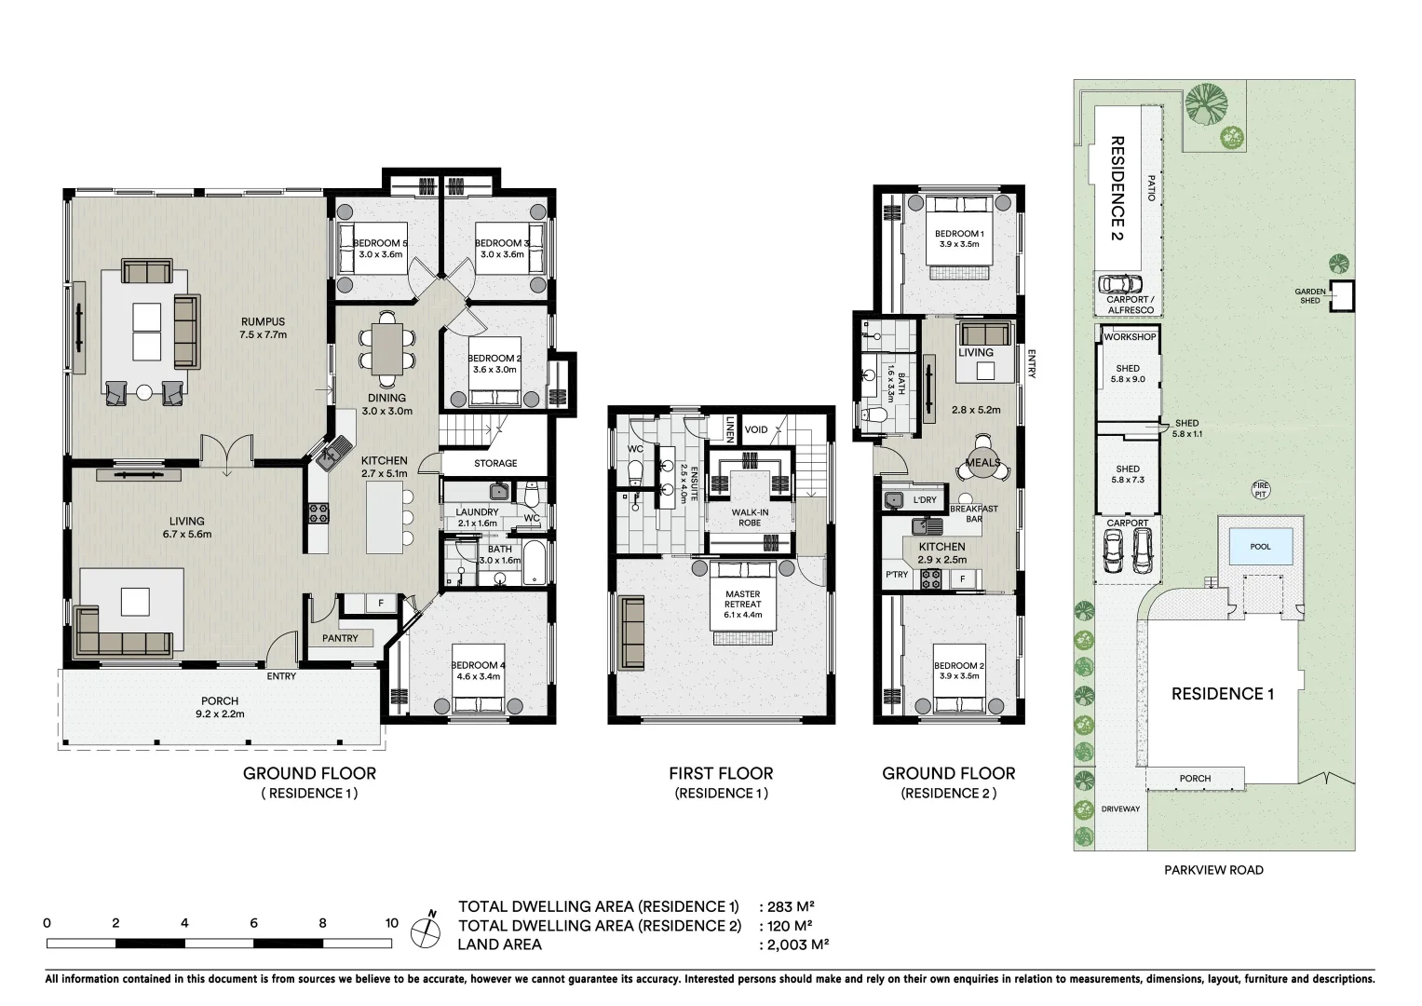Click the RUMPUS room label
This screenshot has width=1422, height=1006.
click(263, 322)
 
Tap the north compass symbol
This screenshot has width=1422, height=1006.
click(426, 931)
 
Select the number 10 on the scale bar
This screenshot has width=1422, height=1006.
click(391, 923)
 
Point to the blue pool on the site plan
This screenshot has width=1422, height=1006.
click(1260, 546)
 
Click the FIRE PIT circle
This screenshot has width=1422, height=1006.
click(1260, 489)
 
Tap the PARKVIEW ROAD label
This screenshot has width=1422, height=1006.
click(1213, 870)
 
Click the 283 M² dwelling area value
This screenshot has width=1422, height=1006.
click(791, 906)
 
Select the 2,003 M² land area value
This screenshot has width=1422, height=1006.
click(798, 945)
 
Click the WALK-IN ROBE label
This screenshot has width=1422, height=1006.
click(750, 518)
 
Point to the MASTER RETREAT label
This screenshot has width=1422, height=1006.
click(743, 599)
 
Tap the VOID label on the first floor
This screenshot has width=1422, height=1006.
click(755, 429)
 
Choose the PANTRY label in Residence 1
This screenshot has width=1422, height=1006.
click(340, 638)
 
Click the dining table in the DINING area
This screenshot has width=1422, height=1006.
click(387, 348)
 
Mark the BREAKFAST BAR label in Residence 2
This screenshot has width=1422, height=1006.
click(974, 514)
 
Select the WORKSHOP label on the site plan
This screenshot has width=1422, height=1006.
click(1130, 336)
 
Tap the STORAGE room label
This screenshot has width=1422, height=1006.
click(495, 463)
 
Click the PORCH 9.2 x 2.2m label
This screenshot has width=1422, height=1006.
click(220, 707)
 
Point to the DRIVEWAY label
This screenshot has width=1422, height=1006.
click(1120, 809)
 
